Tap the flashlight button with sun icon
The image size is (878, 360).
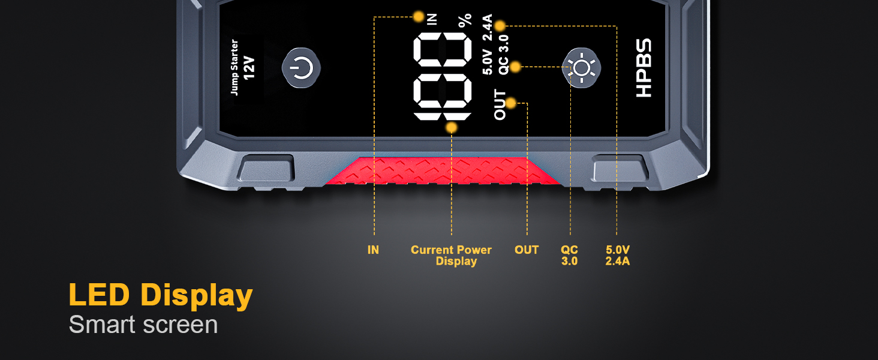click(581, 68)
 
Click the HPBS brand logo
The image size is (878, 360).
click(643, 68)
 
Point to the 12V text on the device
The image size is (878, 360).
click(250, 68)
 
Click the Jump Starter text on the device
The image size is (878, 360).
click(234, 67)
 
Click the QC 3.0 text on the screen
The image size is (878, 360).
click(504, 55)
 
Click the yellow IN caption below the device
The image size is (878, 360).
click(373, 250)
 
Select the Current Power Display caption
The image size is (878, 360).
click(452, 255)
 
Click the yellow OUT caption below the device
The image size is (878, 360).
click(527, 250)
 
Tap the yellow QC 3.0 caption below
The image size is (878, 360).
click(569, 255)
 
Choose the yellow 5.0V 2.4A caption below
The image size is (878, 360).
click(617, 255)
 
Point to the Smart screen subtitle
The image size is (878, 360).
click(143, 325)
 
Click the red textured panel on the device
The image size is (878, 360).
click(444, 170)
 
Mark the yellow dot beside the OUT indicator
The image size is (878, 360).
click(511, 103)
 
